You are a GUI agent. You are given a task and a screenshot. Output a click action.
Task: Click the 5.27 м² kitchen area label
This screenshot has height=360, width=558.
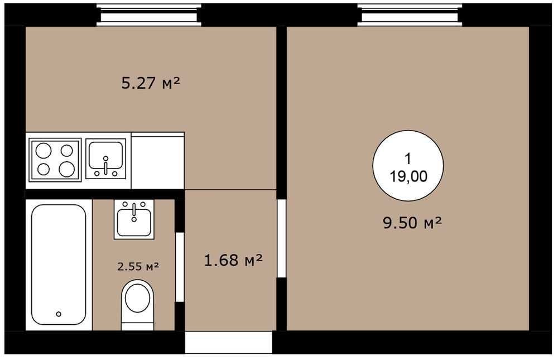[x=151, y=83]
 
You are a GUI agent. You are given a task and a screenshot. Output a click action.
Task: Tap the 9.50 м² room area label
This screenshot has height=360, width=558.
[x=412, y=223]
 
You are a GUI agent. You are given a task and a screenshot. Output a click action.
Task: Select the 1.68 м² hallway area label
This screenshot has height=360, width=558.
[x=233, y=260]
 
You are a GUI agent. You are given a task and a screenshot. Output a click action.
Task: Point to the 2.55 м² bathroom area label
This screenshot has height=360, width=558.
[x=138, y=266]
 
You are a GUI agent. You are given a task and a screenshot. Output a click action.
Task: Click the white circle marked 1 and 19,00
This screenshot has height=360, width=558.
[x=408, y=166]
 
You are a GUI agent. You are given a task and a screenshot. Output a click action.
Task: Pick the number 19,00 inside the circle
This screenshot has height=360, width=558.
[x=408, y=176]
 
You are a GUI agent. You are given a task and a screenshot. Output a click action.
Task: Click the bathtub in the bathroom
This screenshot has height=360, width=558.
[x=59, y=265]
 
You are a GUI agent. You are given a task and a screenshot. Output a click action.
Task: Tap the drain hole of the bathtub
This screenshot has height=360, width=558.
[x=59, y=314]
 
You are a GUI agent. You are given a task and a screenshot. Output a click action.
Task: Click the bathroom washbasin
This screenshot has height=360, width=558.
[x=134, y=219]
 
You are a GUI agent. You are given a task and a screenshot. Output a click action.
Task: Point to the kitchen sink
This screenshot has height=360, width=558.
[x=105, y=159]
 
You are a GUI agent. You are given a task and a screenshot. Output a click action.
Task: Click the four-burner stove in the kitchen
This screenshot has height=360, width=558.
[x=55, y=160]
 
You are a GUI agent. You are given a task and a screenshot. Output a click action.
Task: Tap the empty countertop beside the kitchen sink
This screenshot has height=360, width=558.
[x=158, y=161]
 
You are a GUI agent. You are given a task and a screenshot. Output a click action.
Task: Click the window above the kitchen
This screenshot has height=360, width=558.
[x=149, y=15]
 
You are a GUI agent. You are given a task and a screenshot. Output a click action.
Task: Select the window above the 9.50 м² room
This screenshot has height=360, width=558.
[x=410, y=15]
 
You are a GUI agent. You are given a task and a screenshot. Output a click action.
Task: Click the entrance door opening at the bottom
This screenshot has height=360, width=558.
[x=228, y=342]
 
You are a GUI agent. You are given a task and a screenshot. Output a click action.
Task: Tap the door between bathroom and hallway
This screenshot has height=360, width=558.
[x=180, y=267]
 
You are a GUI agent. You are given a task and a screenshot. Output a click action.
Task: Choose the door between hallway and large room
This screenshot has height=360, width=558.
[x=281, y=238]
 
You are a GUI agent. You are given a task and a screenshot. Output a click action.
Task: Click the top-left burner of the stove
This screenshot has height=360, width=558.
[x=44, y=150]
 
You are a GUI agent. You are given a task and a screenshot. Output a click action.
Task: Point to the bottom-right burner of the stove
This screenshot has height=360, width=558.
[x=66, y=169]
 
